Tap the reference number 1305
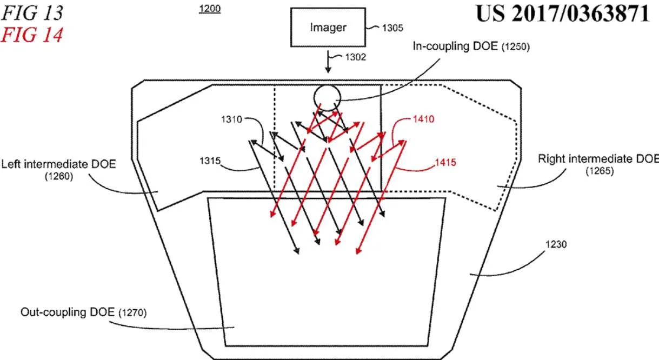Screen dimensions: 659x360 [392, 28]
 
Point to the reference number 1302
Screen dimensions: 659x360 [355, 57]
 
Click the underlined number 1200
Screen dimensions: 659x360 [210, 9]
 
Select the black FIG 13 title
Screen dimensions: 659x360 [32, 13]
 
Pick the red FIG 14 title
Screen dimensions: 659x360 [32, 35]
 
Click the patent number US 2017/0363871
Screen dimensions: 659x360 [562, 14]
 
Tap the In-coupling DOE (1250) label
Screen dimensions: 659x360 [471, 46]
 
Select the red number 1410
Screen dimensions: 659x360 [423, 119]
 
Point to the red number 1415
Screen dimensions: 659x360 [445, 162]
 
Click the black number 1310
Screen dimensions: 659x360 [231, 119]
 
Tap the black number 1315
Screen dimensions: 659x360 [210, 161]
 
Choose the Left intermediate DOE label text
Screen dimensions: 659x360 [58, 164]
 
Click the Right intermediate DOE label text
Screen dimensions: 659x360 [598, 159]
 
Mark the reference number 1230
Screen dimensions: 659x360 [556, 244]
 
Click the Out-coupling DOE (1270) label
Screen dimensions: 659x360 [83, 312]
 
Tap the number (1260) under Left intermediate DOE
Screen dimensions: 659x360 [59, 176]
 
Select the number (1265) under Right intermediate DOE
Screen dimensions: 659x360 [600, 171]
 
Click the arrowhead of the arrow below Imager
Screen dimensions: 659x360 [328, 70]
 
